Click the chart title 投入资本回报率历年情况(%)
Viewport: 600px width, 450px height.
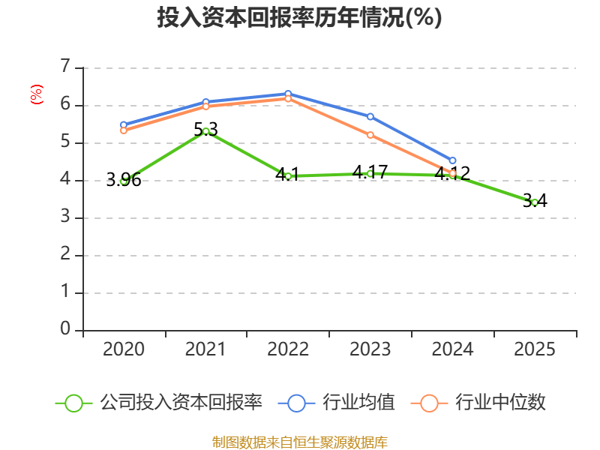click(299, 17)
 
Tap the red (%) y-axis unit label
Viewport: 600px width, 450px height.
click(37, 94)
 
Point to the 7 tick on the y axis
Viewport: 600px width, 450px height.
click(66, 67)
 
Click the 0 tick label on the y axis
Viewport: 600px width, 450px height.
click(65, 329)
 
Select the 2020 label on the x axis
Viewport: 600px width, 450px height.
click(124, 349)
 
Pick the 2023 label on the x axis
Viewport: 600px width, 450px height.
click(370, 349)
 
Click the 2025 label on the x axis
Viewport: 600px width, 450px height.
click(535, 349)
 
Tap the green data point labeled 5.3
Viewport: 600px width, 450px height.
click(205, 131)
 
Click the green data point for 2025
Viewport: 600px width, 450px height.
click(535, 202)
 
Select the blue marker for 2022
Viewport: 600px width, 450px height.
click(288, 94)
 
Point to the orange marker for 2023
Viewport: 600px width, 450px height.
click(370, 135)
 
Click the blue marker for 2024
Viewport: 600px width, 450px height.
click(453, 160)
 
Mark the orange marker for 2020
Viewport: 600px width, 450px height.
click(124, 130)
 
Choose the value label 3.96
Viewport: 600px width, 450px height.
click(124, 180)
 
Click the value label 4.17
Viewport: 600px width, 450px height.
click(370, 172)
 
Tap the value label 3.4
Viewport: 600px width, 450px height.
click(535, 200)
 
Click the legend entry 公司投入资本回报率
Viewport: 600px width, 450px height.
click(159, 403)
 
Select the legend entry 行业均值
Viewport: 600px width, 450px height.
click(336, 403)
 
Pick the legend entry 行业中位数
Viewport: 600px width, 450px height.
click(478, 403)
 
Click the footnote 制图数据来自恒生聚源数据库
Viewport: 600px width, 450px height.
click(300, 442)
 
